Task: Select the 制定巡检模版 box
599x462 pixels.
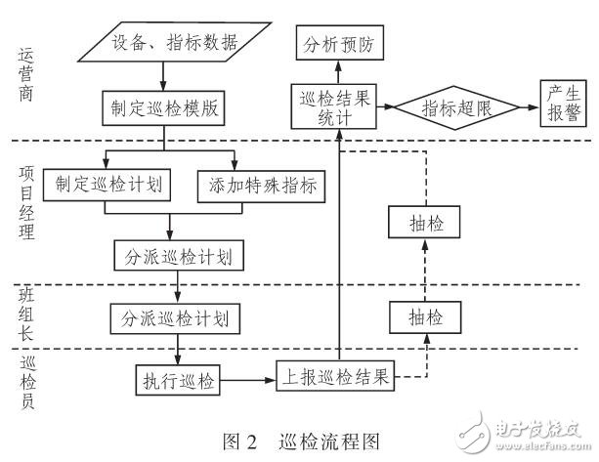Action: [163, 108]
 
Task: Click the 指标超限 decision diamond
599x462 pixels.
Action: [456, 107]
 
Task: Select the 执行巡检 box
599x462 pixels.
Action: [177, 379]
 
